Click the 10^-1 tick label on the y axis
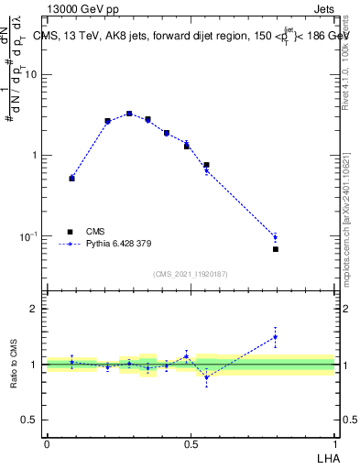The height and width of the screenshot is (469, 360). click(31, 236)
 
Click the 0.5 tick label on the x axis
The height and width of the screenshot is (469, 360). click(191, 443)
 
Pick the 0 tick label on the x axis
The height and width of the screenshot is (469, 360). click(47, 443)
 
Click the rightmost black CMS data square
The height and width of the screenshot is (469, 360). click(275, 249)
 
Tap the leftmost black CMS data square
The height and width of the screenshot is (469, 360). click(72, 179)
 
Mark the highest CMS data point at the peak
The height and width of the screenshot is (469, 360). click(129, 114)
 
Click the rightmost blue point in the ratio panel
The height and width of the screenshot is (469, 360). click(275, 337)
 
